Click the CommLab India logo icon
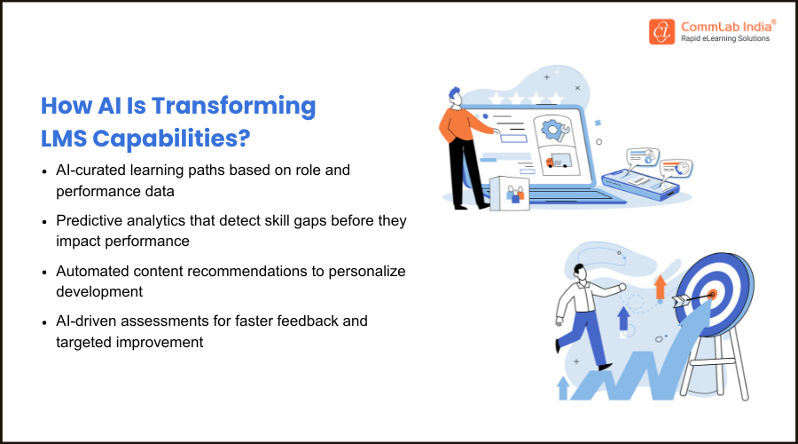coord(661,32)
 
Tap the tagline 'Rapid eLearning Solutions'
coord(724,39)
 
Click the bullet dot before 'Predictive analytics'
coord(47,221)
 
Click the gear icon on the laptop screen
coord(554,130)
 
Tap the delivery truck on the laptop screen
coord(559,162)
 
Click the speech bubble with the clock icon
coord(683,168)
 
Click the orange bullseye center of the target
coord(712,294)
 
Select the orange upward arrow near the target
coord(660,287)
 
